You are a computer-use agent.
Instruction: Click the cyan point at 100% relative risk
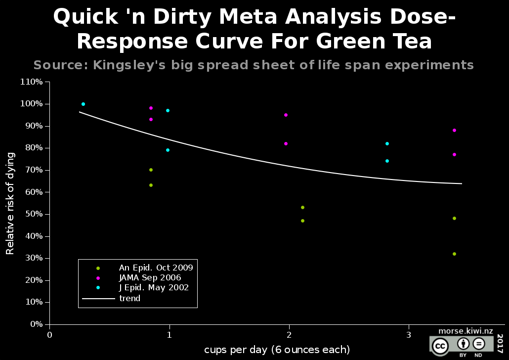83,104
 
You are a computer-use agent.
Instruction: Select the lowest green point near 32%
454,254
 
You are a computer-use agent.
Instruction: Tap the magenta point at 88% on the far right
454,130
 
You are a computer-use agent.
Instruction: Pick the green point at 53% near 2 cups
302,207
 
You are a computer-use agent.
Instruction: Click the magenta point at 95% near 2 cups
286,115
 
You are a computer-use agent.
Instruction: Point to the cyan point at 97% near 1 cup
168,110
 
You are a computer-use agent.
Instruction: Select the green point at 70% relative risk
151,170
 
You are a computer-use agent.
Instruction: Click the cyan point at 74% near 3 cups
387,161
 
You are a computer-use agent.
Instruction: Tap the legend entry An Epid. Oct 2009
156,268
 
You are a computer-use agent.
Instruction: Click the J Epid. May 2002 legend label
154,288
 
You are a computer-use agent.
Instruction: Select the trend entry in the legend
129,298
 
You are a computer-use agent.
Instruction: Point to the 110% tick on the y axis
31,82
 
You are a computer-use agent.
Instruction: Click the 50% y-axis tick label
33,214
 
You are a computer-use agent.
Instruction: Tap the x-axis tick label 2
289,335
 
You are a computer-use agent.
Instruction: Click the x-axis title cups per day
277,350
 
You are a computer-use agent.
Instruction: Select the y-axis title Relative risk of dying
10,203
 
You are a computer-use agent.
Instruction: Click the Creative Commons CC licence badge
439,346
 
